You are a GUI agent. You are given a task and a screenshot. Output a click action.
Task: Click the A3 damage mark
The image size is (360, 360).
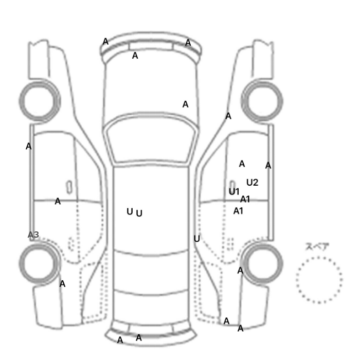pyautogui.click(x=33, y=235)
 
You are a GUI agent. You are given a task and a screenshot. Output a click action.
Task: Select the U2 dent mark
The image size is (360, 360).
pyautogui.click(x=253, y=183)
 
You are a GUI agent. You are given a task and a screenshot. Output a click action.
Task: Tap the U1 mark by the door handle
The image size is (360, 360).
pyautogui.click(x=234, y=191)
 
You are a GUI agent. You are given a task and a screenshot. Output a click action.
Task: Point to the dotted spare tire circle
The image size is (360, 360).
pyautogui.click(x=319, y=257)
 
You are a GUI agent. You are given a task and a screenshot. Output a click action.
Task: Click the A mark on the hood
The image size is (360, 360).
pyautogui.click(x=185, y=104)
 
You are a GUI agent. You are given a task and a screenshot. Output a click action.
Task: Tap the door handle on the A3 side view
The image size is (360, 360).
pyautogui.click(x=69, y=187)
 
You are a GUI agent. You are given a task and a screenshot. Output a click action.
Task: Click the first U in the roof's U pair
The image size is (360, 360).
pyautogui.click(x=130, y=211)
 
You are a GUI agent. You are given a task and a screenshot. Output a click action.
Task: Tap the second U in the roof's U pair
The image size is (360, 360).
pyautogui.click(x=139, y=213)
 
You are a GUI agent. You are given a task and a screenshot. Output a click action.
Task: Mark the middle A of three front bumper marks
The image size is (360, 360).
pyautogui.click(x=135, y=56)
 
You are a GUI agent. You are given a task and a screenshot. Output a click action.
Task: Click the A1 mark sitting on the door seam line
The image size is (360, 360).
pyautogui.click(x=245, y=199)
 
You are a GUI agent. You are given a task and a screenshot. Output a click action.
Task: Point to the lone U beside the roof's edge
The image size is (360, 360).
pyautogui.click(x=197, y=239)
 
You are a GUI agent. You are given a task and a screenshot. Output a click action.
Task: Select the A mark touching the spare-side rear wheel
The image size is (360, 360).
pyautogui.click(x=240, y=271)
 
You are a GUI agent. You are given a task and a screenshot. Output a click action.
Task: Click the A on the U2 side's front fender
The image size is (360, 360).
pyautogui.click(x=228, y=116)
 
